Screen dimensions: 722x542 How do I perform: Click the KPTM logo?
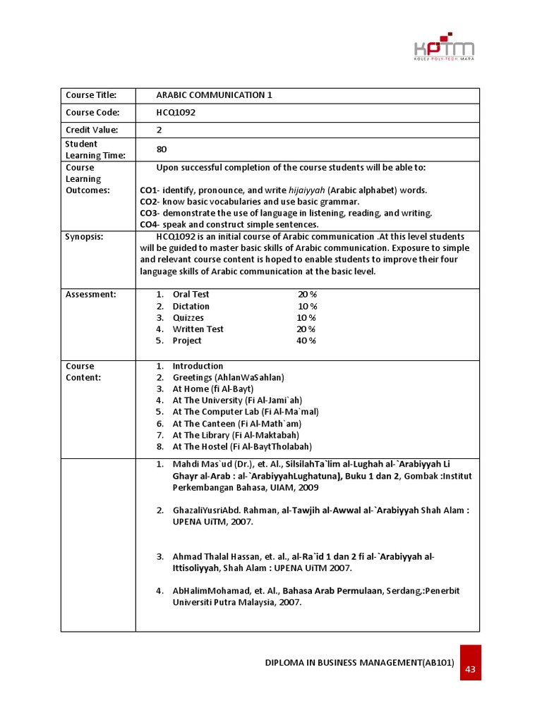[443, 49]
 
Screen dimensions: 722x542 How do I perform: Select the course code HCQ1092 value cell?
[176, 113]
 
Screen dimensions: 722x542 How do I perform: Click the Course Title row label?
[90, 95]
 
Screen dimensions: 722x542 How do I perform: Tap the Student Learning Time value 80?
[162, 149]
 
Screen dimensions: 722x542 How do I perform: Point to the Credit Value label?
[92, 130]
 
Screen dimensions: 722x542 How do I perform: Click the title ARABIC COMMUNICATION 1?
[214, 95]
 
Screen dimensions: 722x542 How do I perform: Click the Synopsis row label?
[85, 237]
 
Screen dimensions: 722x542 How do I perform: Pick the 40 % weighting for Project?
[306, 341]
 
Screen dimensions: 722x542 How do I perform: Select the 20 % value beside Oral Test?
[307, 294]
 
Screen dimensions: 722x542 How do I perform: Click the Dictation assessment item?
[191, 306]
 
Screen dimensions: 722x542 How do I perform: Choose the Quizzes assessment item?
[188, 318]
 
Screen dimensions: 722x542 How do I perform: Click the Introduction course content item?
[198, 366]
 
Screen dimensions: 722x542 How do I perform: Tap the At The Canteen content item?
[236, 424]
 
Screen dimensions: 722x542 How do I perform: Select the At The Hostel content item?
[242, 446]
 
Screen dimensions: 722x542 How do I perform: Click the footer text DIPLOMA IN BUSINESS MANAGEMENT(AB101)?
[359, 663]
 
